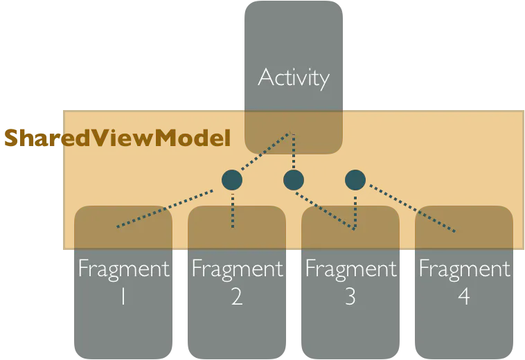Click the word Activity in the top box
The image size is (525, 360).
[294, 78]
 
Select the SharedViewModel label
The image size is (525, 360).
[118, 138]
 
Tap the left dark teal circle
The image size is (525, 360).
[232, 180]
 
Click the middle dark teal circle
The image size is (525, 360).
[294, 180]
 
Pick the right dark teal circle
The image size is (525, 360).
[355, 180]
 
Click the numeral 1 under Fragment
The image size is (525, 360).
[123, 296]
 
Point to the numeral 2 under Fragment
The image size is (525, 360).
[237, 296]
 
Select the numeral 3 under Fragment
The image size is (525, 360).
[350, 296]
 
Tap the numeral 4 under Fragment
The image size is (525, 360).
[464, 296]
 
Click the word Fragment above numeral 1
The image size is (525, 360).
[124, 269]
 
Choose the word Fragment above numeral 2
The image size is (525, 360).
[238, 269]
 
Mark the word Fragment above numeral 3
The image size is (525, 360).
[351, 269]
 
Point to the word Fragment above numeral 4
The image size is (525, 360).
[465, 269]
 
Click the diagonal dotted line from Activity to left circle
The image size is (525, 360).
[265, 151]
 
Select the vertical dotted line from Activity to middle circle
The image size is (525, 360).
[294, 151]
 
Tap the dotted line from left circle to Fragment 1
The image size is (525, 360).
[165, 209]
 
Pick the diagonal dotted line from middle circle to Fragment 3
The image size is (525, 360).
[325, 211]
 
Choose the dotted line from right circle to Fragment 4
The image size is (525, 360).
[413, 208]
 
